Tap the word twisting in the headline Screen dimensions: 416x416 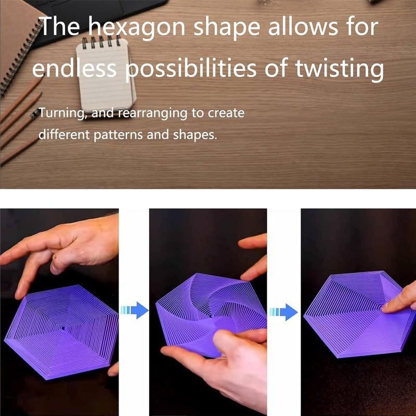point(340,69)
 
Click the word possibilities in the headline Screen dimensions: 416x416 point(190,69)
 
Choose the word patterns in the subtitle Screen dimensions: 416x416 point(118,135)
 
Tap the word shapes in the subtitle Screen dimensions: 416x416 point(195,135)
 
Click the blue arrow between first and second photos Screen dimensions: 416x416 point(135,310)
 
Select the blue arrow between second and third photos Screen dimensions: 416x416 point(283,312)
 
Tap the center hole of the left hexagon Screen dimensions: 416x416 point(63,329)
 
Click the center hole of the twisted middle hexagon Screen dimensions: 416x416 point(211,316)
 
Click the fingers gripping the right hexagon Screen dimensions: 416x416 point(399,301)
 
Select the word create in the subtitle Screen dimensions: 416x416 point(226,113)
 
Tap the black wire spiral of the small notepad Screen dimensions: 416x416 point(101,42)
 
